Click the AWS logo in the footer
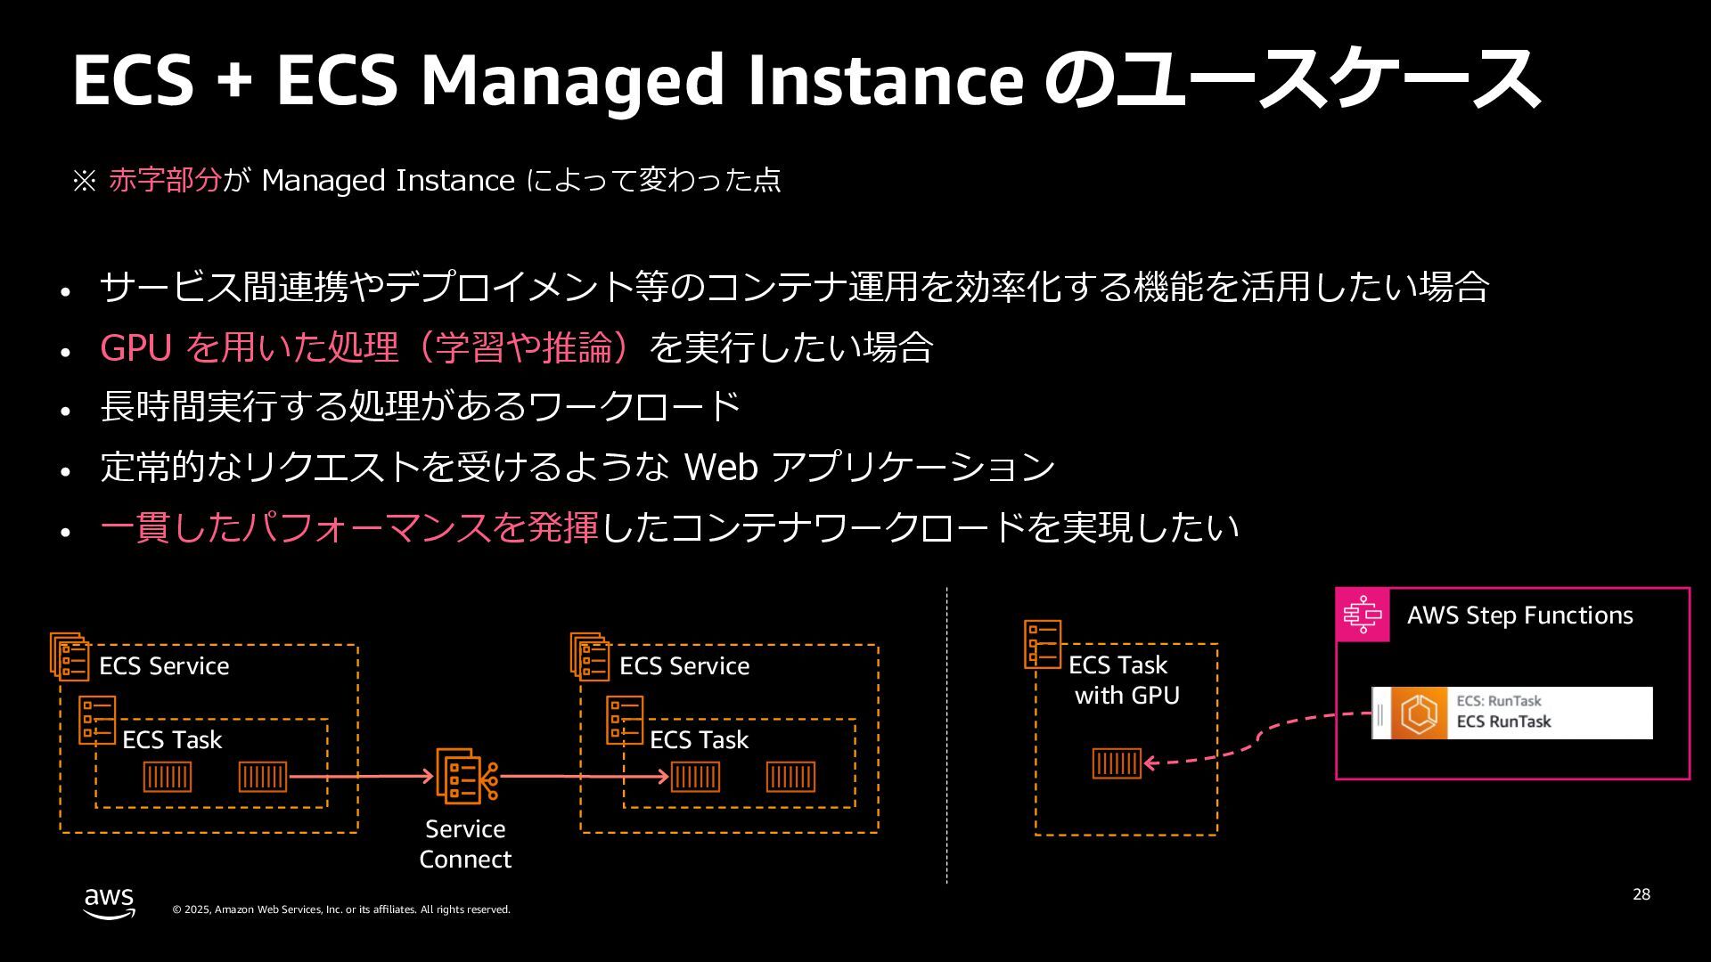coord(110,902)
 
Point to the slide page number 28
coord(1641,894)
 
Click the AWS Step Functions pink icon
coord(1363,616)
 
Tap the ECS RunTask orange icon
coord(1420,713)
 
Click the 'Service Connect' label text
coord(465,844)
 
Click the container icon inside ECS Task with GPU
coord(1117,763)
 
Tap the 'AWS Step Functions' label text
coord(1519,616)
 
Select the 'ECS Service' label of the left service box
coord(164,666)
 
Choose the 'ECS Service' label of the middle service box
coord(684,666)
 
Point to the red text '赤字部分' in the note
coord(165,180)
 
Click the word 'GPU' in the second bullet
coord(135,347)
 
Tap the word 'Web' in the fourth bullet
coord(720,467)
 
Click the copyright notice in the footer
coord(341,909)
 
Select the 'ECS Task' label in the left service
coord(172,740)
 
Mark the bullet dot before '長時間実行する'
coord(65,412)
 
